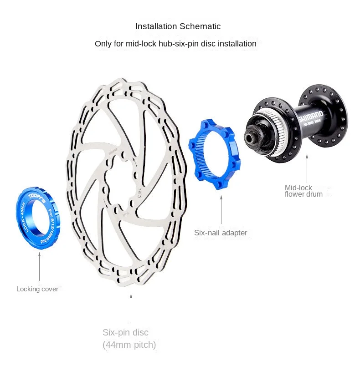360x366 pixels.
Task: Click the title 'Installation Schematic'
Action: click(x=178, y=26)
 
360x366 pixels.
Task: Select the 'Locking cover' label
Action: click(x=37, y=289)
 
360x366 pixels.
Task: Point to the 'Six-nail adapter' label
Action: click(x=221, y=233)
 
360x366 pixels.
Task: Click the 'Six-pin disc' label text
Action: click(x=125, y=332)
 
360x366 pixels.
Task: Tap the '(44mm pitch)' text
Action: click(x=129, y=345)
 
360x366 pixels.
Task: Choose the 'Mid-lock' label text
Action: click(x=298, y=188)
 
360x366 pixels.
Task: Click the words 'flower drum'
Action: click(x=303, y=194)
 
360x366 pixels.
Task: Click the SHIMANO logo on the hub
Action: click(x=310, y=116)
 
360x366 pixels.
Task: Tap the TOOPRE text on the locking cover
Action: click(x=36, y=193)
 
